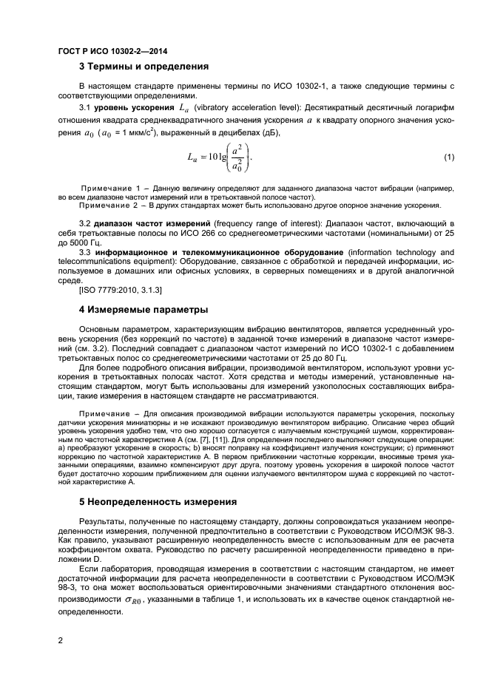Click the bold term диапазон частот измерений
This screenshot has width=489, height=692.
click(x=154, y=223)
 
